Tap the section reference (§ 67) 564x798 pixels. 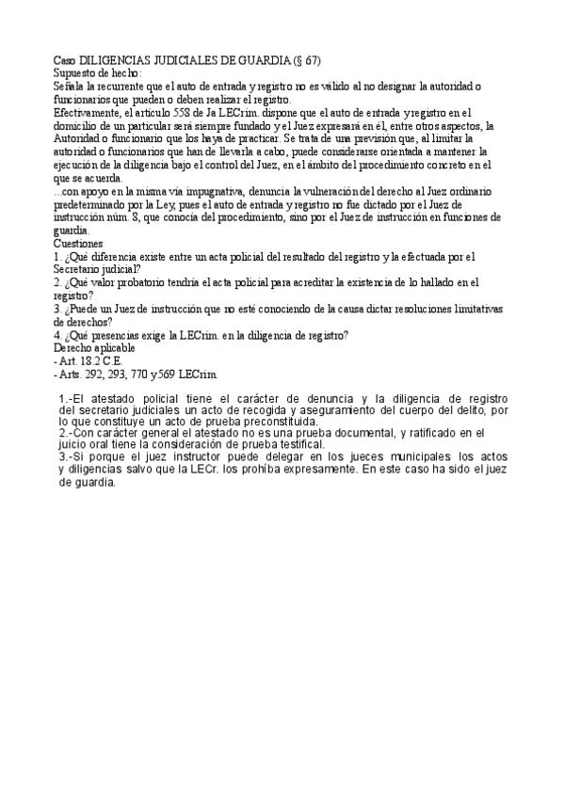(306, 60)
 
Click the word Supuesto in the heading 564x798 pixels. (77, 72)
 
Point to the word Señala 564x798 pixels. (70, 86)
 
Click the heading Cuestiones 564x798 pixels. (83, 243)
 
